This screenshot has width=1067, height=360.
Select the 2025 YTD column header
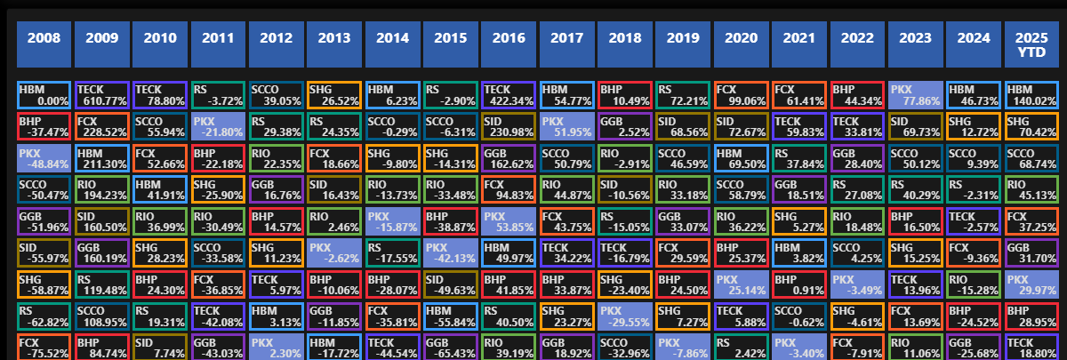pos(1033,44)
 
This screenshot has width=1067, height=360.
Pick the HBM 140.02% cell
pos(1033,95)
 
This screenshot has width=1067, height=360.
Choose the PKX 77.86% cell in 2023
pos(917,95)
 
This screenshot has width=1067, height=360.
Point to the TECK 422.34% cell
pos(509,95)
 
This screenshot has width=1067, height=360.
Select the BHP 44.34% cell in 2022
pos(858,95)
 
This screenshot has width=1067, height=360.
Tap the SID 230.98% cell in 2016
pos(509,126)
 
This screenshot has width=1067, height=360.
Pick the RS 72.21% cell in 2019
pos(684,95)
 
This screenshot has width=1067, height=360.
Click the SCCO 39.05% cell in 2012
pos(277,95)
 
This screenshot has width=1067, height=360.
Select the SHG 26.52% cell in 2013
pos(335,95)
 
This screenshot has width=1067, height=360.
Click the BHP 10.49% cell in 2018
pos(626,95)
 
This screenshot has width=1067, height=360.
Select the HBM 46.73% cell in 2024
pos(975,95)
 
